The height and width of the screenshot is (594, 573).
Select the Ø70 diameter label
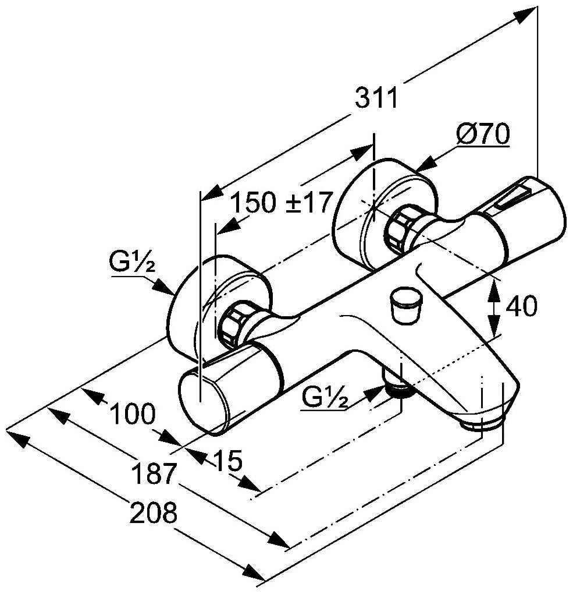(x=482, y=135)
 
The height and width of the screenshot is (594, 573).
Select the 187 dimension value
(x=153, y=473)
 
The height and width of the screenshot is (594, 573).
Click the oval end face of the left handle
(x=200, y=401)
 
